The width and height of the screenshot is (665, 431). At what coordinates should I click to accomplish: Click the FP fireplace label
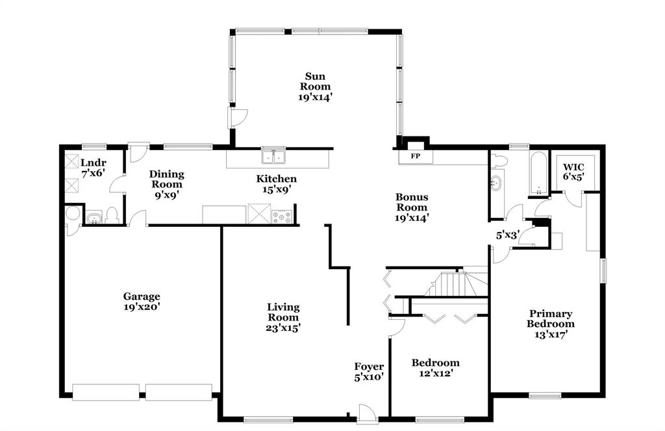click(414, 157)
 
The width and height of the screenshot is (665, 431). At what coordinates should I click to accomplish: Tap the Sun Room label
click(315, 86)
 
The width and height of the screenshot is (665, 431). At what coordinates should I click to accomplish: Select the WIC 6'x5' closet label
click(573, 172)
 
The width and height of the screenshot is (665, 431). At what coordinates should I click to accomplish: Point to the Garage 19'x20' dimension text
click(142, 307)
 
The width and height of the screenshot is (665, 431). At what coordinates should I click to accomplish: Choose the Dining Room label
click(167, 184)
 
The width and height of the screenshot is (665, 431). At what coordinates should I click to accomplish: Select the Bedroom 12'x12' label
click(436, 368)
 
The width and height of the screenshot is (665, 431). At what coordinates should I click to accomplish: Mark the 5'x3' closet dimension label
click(507, 235)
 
